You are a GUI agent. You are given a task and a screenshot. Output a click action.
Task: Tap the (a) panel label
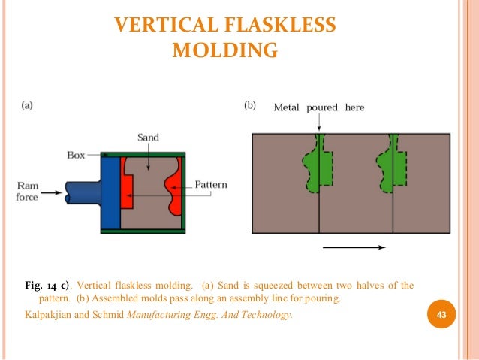(26, 107)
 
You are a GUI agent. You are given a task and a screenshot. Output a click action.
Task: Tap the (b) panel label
(251, 107)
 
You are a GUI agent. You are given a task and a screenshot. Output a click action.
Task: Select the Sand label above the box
(148, 138)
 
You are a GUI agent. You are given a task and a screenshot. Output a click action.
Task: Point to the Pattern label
(211, 184)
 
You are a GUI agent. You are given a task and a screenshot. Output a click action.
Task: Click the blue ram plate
(110, 192)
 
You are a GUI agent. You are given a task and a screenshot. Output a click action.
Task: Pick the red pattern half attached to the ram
(127, 187)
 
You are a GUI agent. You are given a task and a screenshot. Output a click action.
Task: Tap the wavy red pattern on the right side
(176, 188)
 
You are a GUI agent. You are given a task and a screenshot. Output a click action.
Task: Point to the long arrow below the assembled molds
(354, 247)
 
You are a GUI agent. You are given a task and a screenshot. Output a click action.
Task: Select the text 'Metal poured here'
(318, 107)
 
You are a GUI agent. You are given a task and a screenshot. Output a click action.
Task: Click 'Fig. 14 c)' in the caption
(47, 286)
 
